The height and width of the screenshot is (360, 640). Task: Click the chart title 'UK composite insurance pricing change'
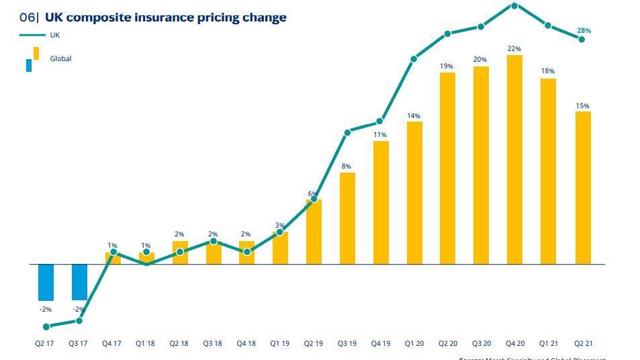point(165,17)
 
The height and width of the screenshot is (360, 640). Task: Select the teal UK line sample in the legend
point(33,35)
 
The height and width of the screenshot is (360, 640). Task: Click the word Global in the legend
point(60,59)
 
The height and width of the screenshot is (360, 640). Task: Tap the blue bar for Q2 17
point(46,282)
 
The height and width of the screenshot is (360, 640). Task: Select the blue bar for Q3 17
point(79,282)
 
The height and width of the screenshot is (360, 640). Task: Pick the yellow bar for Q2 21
point(583,187)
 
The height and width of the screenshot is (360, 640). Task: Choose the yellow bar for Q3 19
point(347,218)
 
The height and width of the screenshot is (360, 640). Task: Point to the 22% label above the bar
point(514,49)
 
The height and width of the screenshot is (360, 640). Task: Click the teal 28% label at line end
point(584,31)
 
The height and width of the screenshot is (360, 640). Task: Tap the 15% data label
point(583,106)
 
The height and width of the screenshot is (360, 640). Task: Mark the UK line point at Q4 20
point(514,6)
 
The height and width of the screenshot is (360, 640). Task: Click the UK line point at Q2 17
point(46,327)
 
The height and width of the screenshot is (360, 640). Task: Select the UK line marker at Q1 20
point(414,59)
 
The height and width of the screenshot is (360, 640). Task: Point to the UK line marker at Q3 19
point(347,133)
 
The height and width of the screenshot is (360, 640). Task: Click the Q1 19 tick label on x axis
point(280,344)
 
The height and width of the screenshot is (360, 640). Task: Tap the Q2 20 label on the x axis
point(448,344)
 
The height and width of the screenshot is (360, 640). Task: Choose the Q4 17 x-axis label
point(112,344)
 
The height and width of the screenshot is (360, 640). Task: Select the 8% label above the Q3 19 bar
point(347,167)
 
